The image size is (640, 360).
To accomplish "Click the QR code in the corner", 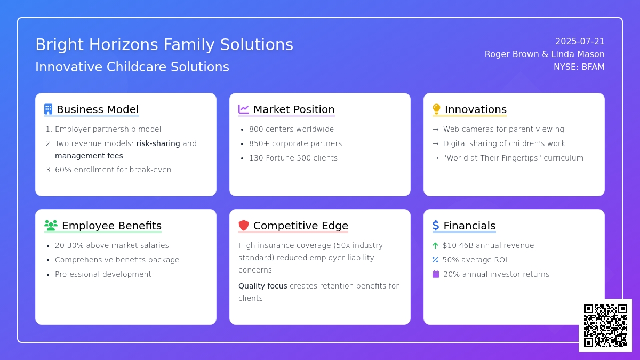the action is [x=605, y=325].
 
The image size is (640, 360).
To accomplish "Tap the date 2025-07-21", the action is [x=580, y=42].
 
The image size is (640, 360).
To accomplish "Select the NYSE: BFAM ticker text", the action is [x=579, y=67].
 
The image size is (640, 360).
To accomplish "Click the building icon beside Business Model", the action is [x=49, y=109].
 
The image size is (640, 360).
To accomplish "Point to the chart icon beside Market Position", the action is [x=244, y=109].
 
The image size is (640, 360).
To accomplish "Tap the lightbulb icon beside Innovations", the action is [x=436, y=109].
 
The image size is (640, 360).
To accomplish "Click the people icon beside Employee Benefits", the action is [x=51, y=226].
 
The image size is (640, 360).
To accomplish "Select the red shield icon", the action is [x=244, y=226].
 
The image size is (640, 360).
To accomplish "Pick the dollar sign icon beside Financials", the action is [x=436, y=226].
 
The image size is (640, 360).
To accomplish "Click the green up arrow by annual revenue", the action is [x=435, y=245].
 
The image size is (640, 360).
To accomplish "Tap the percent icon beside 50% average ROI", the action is [x=435, y=260].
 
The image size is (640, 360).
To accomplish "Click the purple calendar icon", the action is [x=436, y=274].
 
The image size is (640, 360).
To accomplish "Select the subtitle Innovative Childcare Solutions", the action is [x=132, y=67].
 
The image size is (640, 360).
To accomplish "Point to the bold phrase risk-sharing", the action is [x=158, y=143].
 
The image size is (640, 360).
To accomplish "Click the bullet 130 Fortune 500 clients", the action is [x=293, y=158].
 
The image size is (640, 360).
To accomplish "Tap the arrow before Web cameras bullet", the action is [x=436, y=130].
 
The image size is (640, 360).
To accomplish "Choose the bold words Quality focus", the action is [x=263, y=286].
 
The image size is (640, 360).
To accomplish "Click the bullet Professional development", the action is [x=103, y=274].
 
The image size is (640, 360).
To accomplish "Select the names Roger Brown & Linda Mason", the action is [x=545, y=54].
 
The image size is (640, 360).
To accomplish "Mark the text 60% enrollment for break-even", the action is [x=113, y=170].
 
